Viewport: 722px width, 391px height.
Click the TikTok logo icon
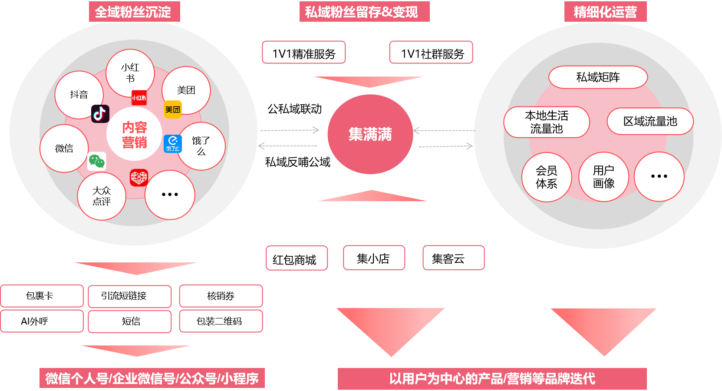(x=100, y=114)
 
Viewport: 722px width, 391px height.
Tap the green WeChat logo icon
(x=97, y=162)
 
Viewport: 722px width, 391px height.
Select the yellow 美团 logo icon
(x=173, y=109)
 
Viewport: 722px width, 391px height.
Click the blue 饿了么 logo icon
(x=173, y=143)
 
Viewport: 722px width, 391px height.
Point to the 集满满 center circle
(x=370, y=134)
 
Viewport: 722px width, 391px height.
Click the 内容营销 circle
(x=135, y=135)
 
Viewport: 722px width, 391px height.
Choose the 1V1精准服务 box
(x=304, y=53)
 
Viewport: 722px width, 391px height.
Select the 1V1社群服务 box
(x=431, y=53)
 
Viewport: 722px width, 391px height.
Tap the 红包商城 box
(x=297, y=259)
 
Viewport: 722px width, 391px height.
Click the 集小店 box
(x=374, y=258)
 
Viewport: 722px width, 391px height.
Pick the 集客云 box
(x=453, y=258)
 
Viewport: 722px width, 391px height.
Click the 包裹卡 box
(x=42, y=296)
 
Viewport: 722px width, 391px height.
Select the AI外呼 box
(x=42, y=321)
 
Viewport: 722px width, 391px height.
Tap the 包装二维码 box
(x=221, y=321)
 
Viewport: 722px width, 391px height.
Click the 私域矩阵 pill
(x=598, y=77)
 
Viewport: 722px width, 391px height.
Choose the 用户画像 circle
(x=603, y=177)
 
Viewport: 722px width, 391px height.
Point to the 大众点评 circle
(x=102, y=196)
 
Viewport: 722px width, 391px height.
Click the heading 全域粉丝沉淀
(x=134, y=12)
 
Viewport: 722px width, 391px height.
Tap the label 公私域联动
(x=294, y=109)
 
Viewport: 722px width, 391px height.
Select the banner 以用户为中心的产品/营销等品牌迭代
(x=492, y=378)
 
